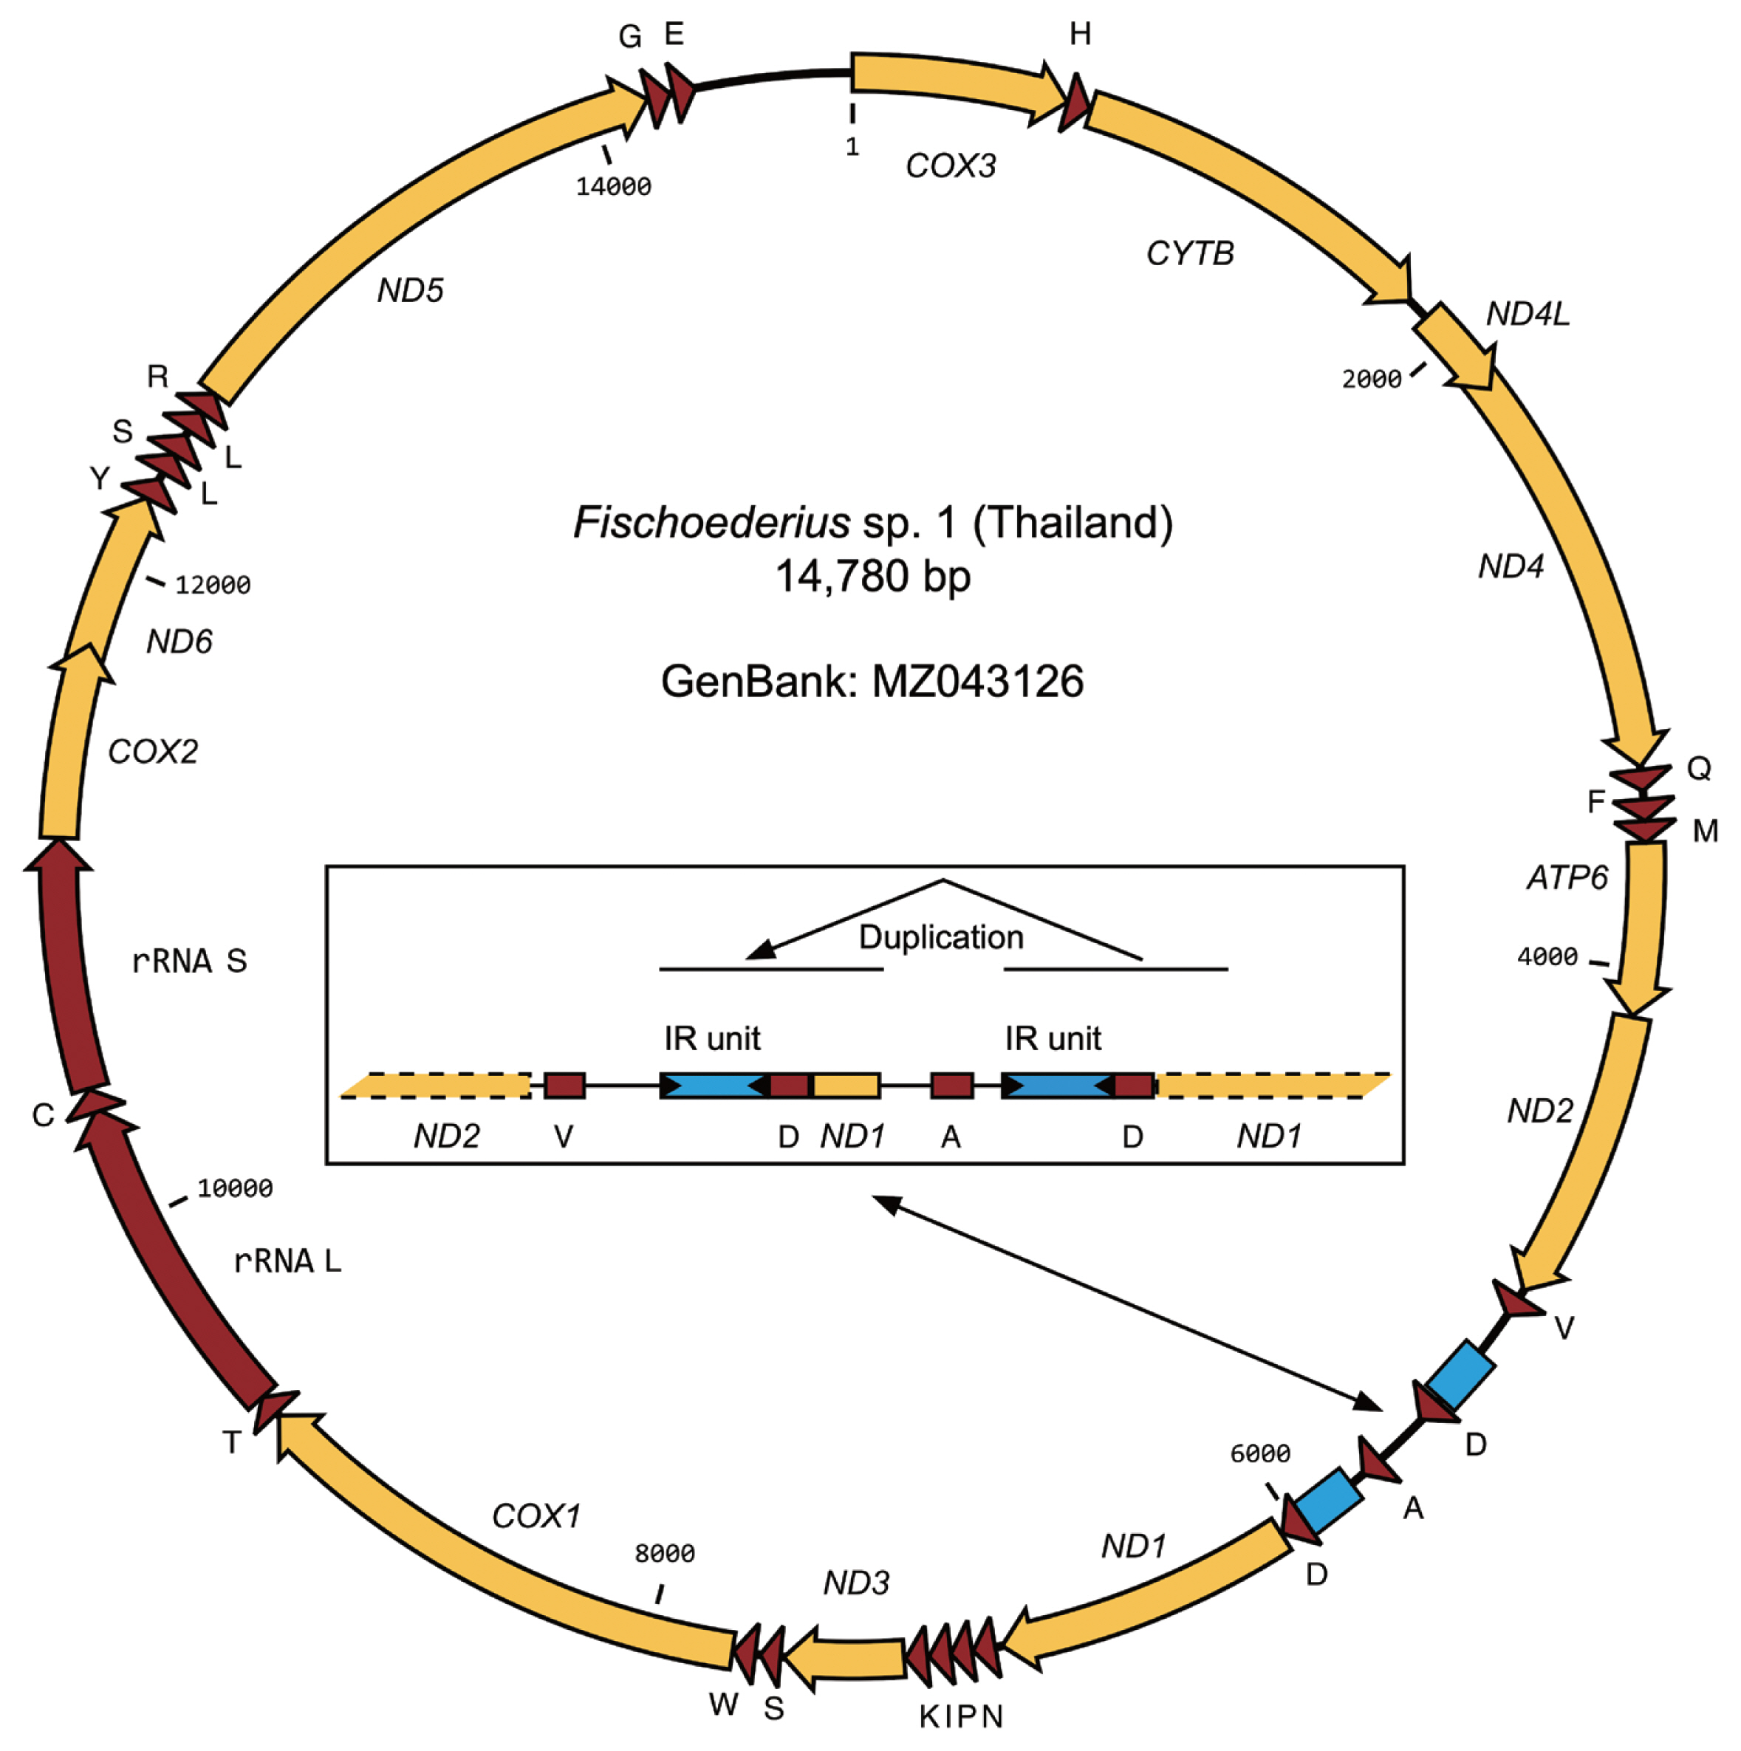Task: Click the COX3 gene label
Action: pyautogui.click(x=950, y=166)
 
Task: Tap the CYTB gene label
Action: pyautogui.click(x=1189, y=254)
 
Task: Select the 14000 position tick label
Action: pyautogui.click(x=614, y=187)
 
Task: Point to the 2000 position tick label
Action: pyautogui.click(x=1371, y=379)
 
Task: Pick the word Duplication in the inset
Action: pyautogui.click(x=941, y=937)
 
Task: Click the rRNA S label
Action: pyautogui.click(x=188, y=961)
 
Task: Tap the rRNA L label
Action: pyautogui.click(x=287, y=1261)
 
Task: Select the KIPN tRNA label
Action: pyautogui.click(x=961, y=1716)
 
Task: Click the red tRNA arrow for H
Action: pyautogui.click(x=1075, y=103)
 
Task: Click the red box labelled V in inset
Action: pyautogui.click(x=564, y=1085)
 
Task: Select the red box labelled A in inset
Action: pyautogui.click(x=951, y=1085)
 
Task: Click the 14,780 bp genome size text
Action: pyautogui.click(x=873, y=577)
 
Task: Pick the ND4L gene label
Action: pyautogui.click(x=1527, y=314)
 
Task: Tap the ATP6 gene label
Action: pyautogui.click(x=1567, y=877)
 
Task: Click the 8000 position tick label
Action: pyautogui.click(x=664, y=1553)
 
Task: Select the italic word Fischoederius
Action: pyautogui.click(x=711, y=523)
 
